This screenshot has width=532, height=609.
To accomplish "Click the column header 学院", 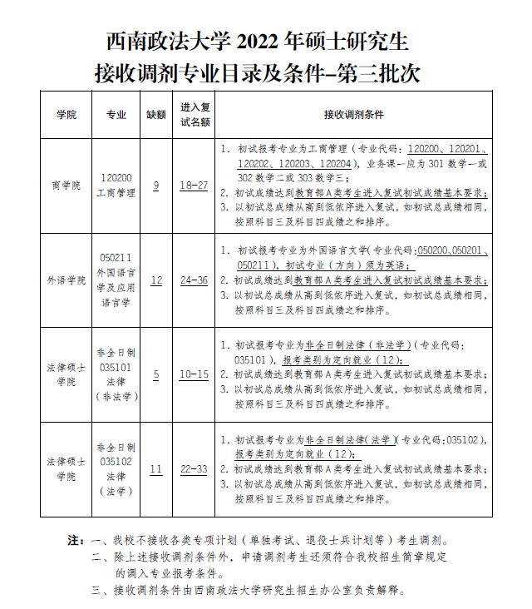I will click(66, 115).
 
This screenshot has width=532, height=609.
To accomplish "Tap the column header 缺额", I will click(156, 115).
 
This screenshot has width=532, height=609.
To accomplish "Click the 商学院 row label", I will click(66, 186).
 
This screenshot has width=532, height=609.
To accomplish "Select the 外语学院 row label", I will click(66, 280).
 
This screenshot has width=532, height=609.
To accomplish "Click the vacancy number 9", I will click(156, 185).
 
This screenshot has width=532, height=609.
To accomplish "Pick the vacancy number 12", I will click(156, 280).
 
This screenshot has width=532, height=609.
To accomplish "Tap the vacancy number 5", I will click(156, 374).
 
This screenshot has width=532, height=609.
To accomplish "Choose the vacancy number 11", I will click(156, 469).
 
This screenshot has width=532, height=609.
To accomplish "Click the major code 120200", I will click(116, 178).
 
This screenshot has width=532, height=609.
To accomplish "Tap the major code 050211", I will click(116, 258).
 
